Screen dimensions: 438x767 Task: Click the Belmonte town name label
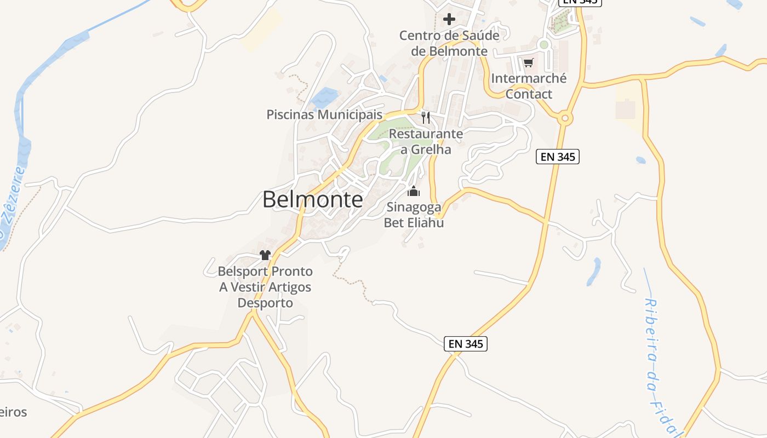[312, 200]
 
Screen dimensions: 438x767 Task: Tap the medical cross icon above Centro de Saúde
[449, 20]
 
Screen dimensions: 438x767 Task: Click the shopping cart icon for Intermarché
[528, 63]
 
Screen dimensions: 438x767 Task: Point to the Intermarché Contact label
[529, 86]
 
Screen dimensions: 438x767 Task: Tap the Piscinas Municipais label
[324, 115]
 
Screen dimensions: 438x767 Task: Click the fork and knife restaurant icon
[426, 117]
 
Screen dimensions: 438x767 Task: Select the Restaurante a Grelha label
[426, 141]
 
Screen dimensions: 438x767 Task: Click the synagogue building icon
[414, 192]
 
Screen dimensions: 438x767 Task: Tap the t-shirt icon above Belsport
[266, 255]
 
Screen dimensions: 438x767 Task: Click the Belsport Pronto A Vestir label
[266, 287]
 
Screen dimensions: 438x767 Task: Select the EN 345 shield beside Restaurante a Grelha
[557, 157]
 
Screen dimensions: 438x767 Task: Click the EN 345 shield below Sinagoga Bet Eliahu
[465, 344]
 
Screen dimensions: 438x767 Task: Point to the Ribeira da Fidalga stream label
[660, 367]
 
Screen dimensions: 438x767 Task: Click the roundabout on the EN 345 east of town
[565, 118]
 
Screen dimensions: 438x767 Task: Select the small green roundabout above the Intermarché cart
[543, 45]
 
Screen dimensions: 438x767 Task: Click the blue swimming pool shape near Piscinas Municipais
[324, 97]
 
